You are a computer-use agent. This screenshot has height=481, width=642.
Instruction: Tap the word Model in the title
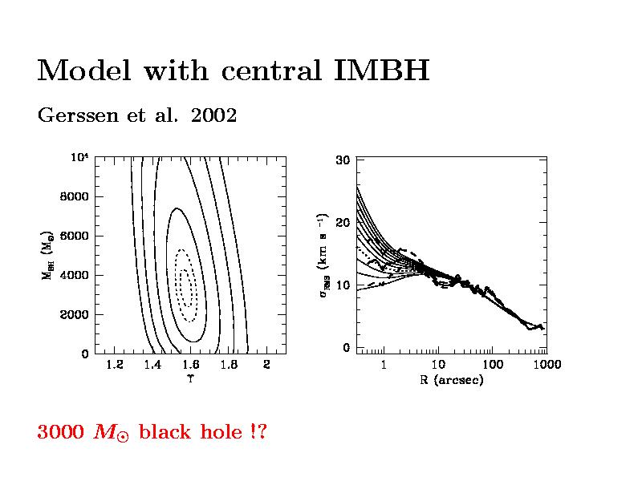pyautogui.click(x=83, y=71)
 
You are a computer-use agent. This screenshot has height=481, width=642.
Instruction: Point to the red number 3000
pyautogui.click(x=61, y=433)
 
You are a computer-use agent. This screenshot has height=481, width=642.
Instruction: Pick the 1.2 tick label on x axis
pyautogui.click(x=114, y=366)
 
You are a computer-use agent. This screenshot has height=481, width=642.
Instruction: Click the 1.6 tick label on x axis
pyautogui.click(x=190, y=366)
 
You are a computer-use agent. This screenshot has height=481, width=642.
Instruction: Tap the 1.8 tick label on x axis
pyautogui.click(x=229, y=366)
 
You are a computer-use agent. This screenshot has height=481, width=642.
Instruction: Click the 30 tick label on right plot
pyautogui.click(x=343, y=160)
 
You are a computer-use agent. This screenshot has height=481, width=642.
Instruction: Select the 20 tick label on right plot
pyautogui.click(x=343, y=223)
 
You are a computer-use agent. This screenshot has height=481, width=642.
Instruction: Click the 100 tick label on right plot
pyautogui.click(x=492, y=366)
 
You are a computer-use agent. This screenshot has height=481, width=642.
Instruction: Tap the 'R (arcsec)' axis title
pyautogui.click(x=452, y=380)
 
